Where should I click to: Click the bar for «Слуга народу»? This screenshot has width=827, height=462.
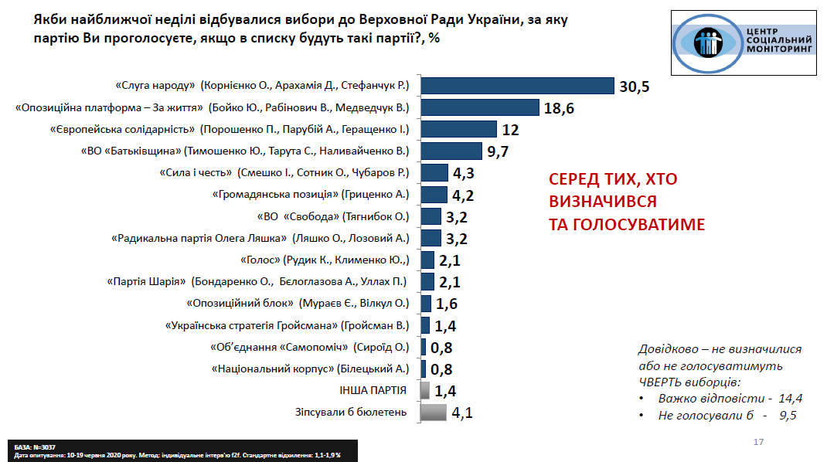(x=517, y=86)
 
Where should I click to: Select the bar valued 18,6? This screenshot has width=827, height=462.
(x=480, y=107)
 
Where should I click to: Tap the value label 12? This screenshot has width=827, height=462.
(x=510, y=129)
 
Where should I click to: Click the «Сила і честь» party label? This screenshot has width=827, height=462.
(x=284, y=172)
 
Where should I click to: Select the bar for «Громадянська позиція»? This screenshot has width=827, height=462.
(x=434, y=194)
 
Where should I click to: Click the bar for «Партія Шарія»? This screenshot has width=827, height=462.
(x=427, y=281)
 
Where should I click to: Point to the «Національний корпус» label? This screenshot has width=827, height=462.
(x=309, y=369)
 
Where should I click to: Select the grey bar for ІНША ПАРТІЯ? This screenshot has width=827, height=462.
(x=424, y=390)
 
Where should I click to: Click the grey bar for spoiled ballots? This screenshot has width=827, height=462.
(x=434, y=412)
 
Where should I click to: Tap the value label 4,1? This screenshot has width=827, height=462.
(x=461, y=413)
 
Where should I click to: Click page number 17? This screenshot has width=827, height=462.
(x=757, y=443)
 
